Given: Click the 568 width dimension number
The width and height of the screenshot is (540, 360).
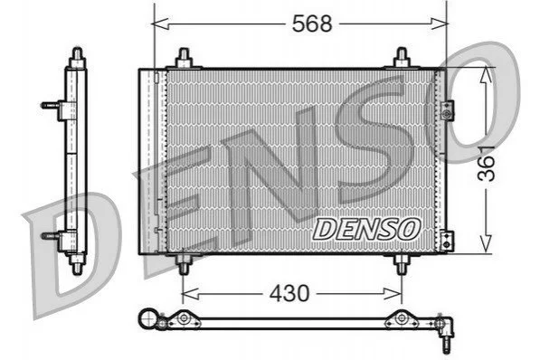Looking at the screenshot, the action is (312, 24).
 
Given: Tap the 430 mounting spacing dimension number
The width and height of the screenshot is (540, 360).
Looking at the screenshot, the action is (289, 293).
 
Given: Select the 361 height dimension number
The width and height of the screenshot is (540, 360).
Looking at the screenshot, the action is (487, 164).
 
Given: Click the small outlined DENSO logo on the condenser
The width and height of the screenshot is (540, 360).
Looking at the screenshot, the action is (366, 230).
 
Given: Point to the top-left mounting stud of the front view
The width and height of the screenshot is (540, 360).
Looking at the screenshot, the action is (184, 58).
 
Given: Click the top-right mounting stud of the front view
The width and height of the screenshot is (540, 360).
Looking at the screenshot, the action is (402, 58).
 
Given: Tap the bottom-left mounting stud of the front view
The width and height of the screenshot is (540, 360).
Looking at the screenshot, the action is (184, 265).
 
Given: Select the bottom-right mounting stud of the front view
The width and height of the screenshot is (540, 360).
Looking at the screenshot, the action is (402, 265).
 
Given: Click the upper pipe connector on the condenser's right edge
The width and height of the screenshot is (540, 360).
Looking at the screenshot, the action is (447, 110).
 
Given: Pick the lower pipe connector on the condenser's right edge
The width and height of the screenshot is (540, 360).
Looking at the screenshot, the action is (447, 241).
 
